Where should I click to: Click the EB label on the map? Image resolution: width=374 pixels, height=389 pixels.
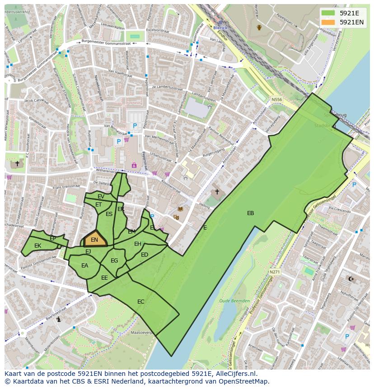pos(250,213)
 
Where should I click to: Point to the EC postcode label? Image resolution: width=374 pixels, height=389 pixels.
pos(141,301)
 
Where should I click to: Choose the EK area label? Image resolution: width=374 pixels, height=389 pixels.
pos(37,246)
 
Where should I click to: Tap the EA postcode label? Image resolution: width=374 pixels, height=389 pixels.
pos(85,266)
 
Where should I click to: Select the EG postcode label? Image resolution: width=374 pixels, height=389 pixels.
pos(114,261)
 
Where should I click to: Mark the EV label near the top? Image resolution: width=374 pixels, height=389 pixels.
pos(101,197)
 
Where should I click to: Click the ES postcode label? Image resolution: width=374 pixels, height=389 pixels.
pos(109,214)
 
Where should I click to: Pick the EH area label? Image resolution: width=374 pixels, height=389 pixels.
pos(138,244)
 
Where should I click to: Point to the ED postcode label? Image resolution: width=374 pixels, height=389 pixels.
pos(145,255)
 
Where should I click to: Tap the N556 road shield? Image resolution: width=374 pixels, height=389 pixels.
pos(276,99)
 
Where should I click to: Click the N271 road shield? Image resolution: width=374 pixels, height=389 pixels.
pos(275,272)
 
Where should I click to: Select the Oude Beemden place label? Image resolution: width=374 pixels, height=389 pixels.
pos(234,301)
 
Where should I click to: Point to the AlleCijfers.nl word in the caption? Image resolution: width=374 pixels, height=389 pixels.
pos(235,374)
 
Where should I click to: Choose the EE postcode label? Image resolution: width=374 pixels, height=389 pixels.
pos(104,278)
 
